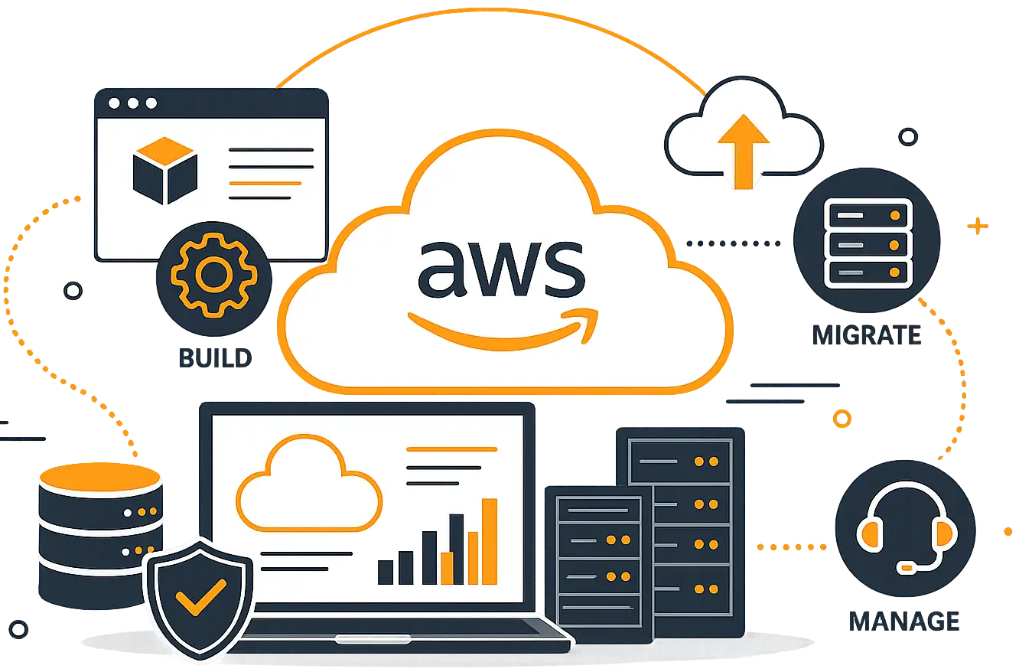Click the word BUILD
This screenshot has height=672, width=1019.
(x=215, y=358)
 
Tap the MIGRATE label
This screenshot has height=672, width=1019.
(x=867, y=335)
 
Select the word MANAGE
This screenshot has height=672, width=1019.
(x=904, y=621)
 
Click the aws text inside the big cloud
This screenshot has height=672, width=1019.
(x=501, y=269)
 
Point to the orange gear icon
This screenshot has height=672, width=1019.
(x=213, y=275)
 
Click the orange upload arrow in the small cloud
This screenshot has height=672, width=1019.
(x=744, y=152)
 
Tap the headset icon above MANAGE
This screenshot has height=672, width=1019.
(x=907, y=528)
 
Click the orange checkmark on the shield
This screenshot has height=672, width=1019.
(x=200, y=598)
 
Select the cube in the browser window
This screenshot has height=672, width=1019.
(x=165, y=171)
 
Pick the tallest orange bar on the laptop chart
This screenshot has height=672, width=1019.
(x=490, y=541)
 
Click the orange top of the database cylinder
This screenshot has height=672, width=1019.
(x=100, y=477)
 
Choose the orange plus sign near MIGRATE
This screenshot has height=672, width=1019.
(x=978, y=226)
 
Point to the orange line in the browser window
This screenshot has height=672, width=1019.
(x=265, y=184)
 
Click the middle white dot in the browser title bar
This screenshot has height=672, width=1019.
(x=133, y=103)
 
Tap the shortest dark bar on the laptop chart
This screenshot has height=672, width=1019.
(x=386, y=573)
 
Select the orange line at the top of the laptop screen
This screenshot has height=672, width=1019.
(x=451, y=449)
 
